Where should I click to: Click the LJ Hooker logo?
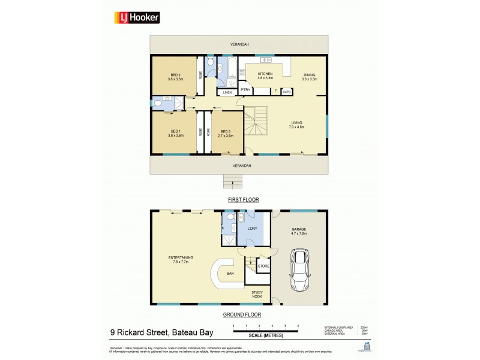(137, 18)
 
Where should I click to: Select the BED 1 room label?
(175, 133)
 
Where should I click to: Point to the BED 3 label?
(226, 133)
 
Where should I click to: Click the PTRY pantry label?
(245, 90)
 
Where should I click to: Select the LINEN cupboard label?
(227, 92)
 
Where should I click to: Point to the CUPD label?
(287, 92)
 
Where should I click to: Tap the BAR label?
(230, 273)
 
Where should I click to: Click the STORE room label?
(263, 265)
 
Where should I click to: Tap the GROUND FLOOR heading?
(242, 314)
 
